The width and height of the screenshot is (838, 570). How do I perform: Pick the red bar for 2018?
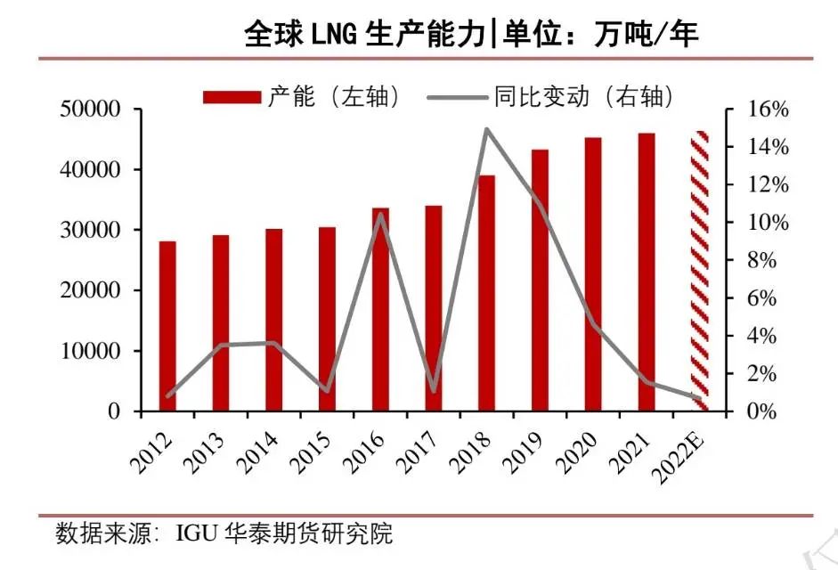(487, 294)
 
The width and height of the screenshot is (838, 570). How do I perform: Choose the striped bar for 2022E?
(700, 272)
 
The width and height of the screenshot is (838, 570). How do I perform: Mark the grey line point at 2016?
(380, 215)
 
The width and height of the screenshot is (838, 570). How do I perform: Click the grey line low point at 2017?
(434, 390)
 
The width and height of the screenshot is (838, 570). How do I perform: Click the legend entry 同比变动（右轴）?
(551, 96)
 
